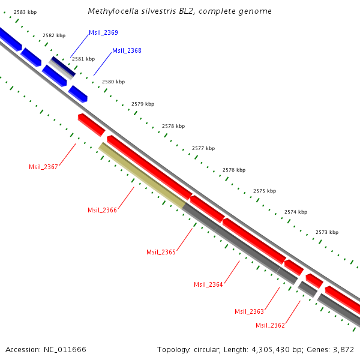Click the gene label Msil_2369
point(103,32)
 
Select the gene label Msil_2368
point(127,51)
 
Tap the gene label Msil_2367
point(43,167)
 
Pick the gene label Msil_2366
point(102,210)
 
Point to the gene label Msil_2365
point(161,252)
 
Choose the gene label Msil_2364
point(208,284)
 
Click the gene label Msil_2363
point(249,311)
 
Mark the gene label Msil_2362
point(270,325)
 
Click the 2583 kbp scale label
point(25,12)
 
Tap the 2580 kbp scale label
point(113,82)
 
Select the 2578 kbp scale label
point(173,127)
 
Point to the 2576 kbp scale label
point(233,170)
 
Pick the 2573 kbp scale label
point(326,232)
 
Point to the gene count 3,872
point(343,349)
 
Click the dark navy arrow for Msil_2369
point(62,67)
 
